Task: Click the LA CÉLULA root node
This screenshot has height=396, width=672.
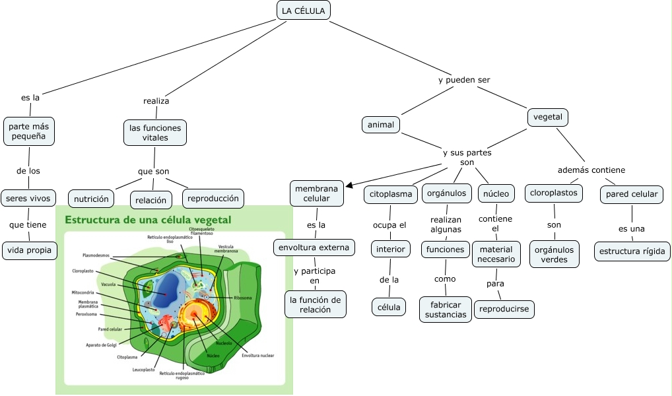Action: [x=303, y=11]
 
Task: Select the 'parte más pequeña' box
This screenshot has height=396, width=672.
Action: [x=28, y=131]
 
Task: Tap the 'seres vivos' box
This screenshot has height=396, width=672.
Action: [x=28, y=197]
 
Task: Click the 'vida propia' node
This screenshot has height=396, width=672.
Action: [x=30, y=250]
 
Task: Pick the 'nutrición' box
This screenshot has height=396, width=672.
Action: [x=91, y=198]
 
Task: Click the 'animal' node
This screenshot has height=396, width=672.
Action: [x=381, y=124]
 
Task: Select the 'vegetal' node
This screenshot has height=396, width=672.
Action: [x=548, y=117]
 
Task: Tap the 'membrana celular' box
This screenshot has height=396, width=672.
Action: [x=316, y=193]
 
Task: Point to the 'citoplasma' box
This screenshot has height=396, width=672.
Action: [x=390, y=194]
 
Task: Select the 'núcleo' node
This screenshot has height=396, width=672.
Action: [x=496, y=193]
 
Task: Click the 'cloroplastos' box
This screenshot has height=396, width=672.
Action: [x=554, y=193]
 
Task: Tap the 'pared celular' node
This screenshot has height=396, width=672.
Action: [x=632, y=194]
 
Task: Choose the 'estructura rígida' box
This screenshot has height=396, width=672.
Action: [x=633, y=251]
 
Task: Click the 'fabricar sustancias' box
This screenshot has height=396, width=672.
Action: [x=446, y=309]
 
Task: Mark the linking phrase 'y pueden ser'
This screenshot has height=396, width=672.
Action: [x=464, y=80]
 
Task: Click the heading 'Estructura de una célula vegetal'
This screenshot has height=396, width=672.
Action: [x=147, y=219]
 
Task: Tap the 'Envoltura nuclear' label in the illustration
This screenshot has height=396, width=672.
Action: [x=257, y=355]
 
